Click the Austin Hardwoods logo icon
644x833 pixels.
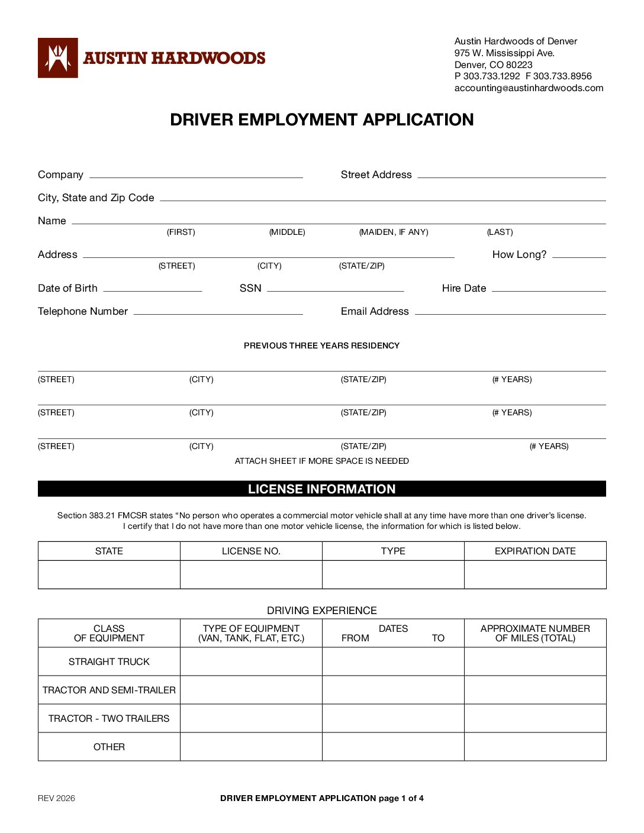coord(57,58)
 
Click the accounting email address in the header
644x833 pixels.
coord(529,88)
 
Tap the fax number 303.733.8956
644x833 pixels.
coord(562,76)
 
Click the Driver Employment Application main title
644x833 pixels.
coord(321,120)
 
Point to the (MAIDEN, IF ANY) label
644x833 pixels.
coord(394,233)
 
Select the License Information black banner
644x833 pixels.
coord(321,489)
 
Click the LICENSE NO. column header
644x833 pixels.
coord(251,551)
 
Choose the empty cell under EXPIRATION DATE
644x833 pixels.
coord(535,574)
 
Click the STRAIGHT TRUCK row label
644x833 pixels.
coord(109,662)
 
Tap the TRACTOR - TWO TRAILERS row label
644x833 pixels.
coord(109,719)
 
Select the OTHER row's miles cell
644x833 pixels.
coord(535,747)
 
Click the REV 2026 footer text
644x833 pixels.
coord(57,799)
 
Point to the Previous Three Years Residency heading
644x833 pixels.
coord(321,346)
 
